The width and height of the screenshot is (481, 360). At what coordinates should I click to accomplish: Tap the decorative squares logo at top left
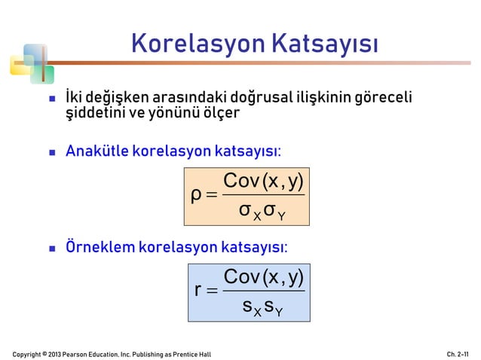click(31, 65)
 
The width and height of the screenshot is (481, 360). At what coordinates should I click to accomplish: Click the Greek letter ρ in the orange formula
click(197, 197)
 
